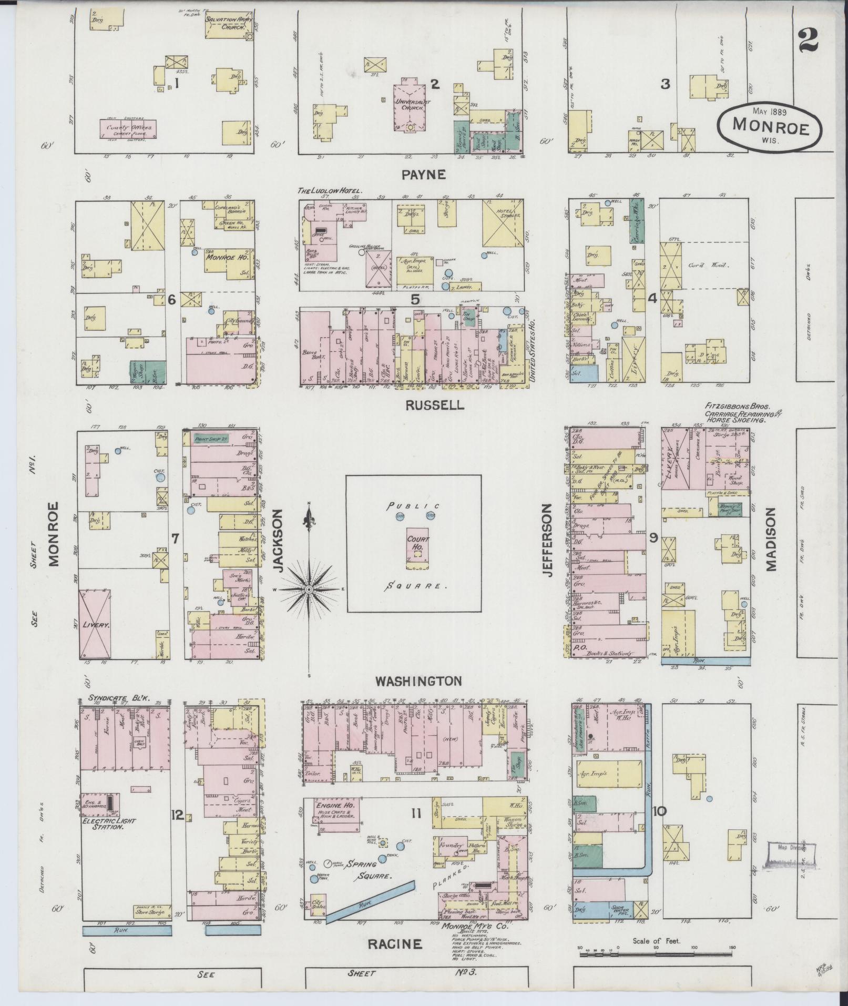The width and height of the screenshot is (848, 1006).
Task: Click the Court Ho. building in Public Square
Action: coord(418,547)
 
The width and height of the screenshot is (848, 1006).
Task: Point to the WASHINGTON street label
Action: coord(418,681)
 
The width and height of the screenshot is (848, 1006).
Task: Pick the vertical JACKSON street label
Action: coord(278,543)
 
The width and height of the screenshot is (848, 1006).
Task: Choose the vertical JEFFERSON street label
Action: coord(548,541)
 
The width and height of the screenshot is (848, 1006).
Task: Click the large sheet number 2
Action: coord(808,39)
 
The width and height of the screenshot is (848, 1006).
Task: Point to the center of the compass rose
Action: coord(309,590)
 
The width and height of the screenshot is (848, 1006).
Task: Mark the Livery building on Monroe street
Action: coord(95,625)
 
